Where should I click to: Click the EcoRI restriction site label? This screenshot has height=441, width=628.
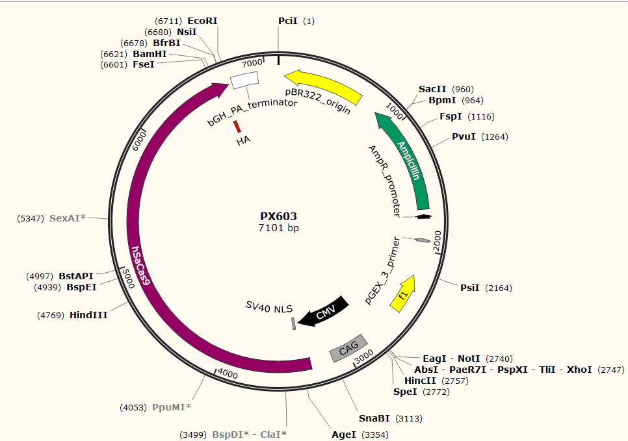pos(202,21)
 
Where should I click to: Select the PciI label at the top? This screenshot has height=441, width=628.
pos(288,21)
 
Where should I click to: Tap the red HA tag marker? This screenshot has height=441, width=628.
pos(237,127)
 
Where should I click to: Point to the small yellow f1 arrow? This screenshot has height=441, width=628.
pos(403,294)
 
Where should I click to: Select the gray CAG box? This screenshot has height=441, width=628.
pos(348,348)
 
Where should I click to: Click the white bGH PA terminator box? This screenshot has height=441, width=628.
pos(244,80)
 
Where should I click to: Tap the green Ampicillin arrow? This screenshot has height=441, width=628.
pos(404,160)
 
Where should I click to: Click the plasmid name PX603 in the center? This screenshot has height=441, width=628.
pos(279,216)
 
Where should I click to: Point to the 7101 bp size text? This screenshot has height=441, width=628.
pos(279,228)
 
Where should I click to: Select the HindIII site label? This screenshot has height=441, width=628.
pos(88,316)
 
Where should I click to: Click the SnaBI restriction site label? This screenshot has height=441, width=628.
pos(374,418)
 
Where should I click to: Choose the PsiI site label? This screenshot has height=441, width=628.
pos(470,288)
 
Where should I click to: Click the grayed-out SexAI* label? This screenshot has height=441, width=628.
pos(68,218)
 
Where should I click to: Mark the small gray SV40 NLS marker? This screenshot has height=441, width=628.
pos(294,323)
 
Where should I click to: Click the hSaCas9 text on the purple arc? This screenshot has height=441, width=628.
pos(140,266)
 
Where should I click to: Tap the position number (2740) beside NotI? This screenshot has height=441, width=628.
pos(499,359)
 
